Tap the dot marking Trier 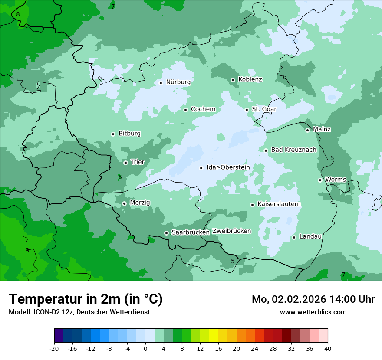125,163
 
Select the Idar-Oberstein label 228,167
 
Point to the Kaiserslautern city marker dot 252,205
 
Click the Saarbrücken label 191,232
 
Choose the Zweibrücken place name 231,231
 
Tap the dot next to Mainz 307,130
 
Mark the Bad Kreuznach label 293,150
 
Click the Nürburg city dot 161,82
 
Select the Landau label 310,237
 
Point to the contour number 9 27,250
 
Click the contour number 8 18,14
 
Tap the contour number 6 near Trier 120,177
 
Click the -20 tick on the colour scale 54,348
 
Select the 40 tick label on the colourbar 328,348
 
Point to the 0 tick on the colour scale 145,348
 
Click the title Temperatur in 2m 86,299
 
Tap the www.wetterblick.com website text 313,312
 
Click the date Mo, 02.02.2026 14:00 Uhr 313,299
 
